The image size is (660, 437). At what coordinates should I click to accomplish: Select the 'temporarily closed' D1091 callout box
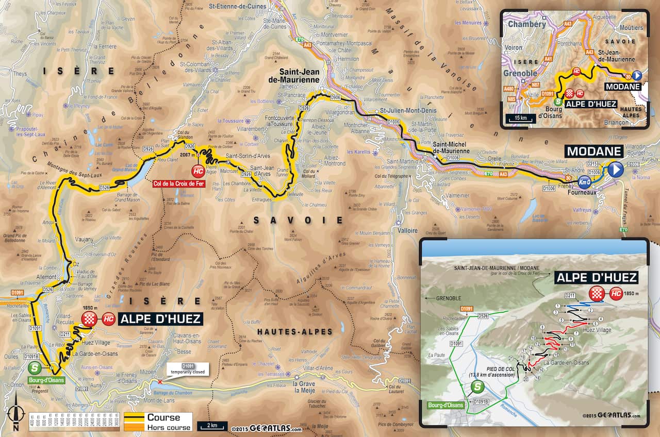tap(188, 368)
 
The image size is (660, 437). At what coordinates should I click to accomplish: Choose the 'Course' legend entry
tap(163, 417)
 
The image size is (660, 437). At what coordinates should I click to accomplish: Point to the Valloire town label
tap(407, 230)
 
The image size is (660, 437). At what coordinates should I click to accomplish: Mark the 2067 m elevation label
tap(187, 155)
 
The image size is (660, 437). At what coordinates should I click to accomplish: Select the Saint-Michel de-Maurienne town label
tap(451, 148)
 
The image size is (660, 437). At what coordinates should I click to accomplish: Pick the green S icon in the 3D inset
tap(478, 388)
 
